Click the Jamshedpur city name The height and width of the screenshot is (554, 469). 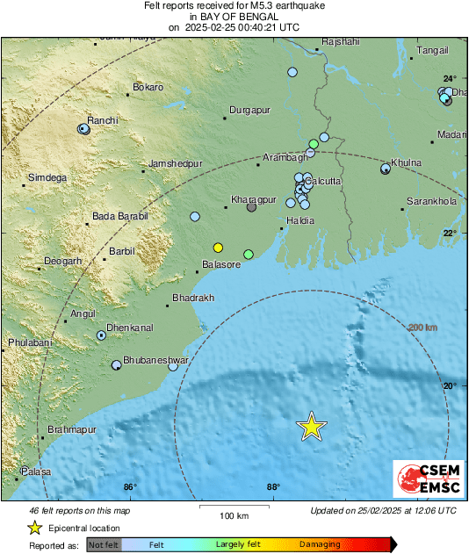(x=176, y=163)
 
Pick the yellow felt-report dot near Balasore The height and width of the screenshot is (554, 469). (x=218, y=247)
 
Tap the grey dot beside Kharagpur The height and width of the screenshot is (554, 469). (x=251, y=207)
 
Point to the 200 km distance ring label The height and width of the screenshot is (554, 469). (x=422, y=327)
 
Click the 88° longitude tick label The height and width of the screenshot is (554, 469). (x=272, y=488)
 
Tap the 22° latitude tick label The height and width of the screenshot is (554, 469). (x=449, y=233)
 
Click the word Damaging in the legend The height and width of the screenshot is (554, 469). (x=320, y=544)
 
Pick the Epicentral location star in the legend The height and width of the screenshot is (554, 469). (x=34, y=528)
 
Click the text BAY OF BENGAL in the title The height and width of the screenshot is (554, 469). (x=234, y=17)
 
